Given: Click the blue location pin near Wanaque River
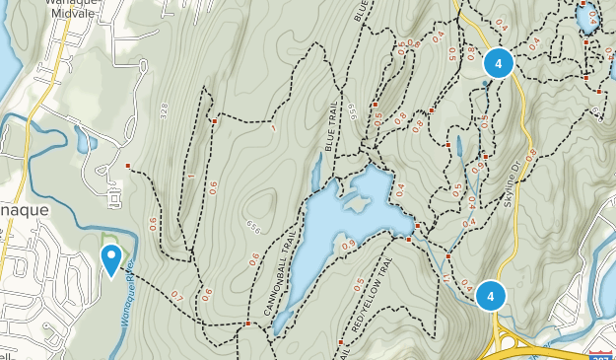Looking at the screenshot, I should [x=111, y=259].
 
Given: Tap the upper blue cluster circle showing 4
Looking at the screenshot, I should [x=499, y=64].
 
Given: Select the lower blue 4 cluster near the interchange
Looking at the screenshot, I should [x=490, y=294].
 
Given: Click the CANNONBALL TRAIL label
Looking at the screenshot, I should [x=277, y=275].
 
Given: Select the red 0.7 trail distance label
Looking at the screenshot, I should [x=177, y=295].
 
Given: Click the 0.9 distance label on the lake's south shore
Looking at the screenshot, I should [x=347, y=245].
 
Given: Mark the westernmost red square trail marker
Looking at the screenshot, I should [x=128, y=165].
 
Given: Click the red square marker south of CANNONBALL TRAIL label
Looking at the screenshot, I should [x=246, y=323].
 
